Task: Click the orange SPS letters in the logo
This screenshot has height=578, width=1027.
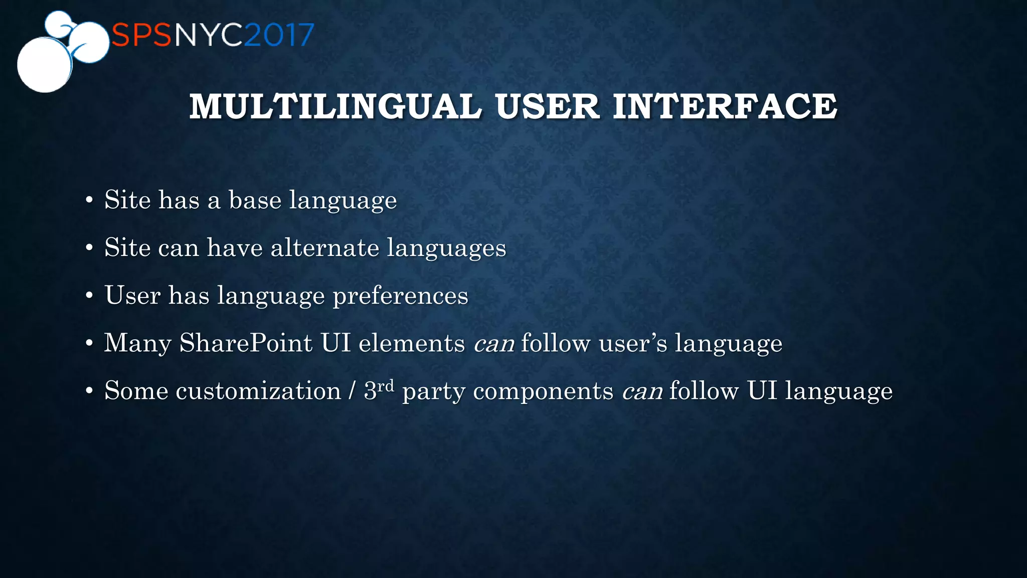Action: pos(142,35)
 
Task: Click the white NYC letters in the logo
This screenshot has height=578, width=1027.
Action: pos(209,35)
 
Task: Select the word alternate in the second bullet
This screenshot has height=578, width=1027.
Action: pos(324,247)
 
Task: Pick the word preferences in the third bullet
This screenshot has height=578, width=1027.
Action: pos(400,296)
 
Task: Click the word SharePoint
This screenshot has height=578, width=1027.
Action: pos(246,343)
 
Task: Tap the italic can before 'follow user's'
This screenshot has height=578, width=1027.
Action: pos(494,343)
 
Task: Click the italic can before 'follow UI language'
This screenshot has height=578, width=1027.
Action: pos(642,391)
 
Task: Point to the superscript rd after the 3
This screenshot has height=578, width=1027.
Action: pos(386,385)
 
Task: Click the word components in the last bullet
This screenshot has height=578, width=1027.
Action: pos(543,392)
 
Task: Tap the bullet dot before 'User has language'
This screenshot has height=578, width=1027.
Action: pos(89,296)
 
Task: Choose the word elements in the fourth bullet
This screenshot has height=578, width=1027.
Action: pos(412,343)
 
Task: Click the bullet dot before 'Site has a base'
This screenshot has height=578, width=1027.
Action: pos(89,201)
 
